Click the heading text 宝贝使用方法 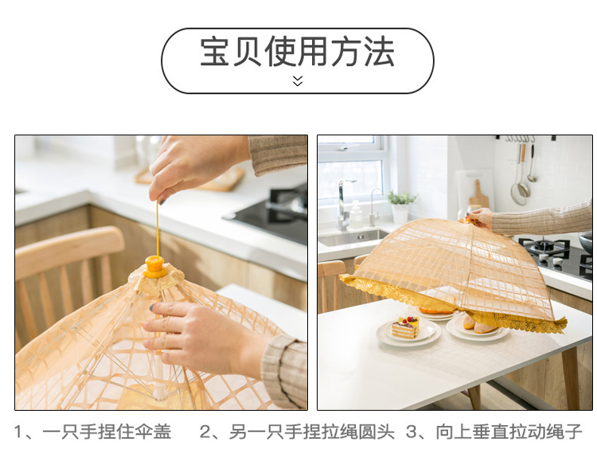tap(297, 53)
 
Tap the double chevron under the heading tap(298, 80)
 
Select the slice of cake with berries tap(405, 326)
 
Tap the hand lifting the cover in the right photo tap(480, 217)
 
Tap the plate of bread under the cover tap(478, 326)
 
